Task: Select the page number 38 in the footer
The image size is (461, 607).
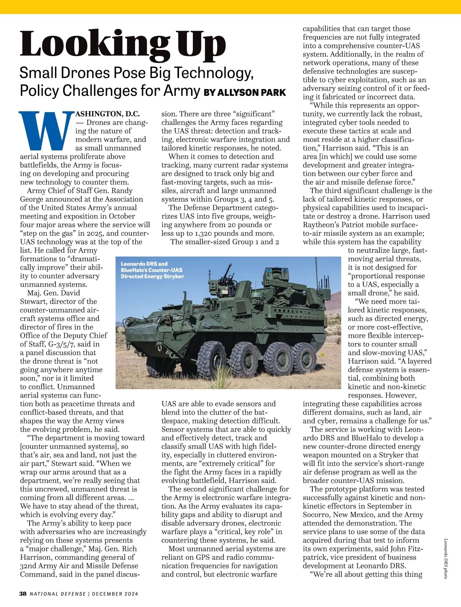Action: point(23,594)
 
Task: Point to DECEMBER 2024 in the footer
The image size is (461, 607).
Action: point(115,594)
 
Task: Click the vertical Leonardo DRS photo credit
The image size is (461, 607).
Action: point(446,558)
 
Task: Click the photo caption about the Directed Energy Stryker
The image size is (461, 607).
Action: point(152,270)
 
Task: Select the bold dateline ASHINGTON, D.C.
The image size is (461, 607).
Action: point(108,114)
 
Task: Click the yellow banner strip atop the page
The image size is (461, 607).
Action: point(230,7)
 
